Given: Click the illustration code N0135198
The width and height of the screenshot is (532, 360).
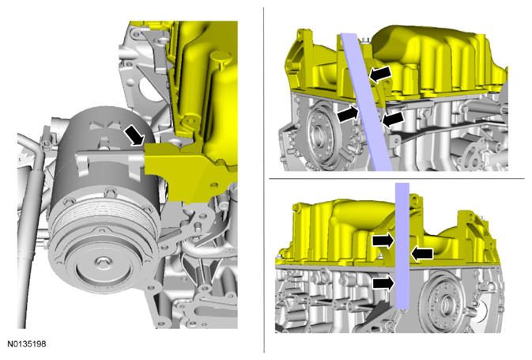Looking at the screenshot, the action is (x=26, y=343).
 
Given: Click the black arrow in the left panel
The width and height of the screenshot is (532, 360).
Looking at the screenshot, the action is (x=134, y=135).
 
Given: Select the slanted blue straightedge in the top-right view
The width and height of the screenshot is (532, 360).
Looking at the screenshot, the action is (x=367, y=102).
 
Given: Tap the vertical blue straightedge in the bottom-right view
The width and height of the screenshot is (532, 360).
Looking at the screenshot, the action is (x=402, y=246).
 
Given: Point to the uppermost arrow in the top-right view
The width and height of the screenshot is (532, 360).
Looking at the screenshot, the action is (x=380, y=74).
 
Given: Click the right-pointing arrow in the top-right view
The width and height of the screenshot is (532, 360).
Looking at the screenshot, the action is (x=348, y=114).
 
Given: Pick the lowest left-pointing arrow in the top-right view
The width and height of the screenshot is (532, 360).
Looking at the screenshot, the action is (x=393, y=119).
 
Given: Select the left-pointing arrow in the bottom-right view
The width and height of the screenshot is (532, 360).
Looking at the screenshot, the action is (x=422, y=254).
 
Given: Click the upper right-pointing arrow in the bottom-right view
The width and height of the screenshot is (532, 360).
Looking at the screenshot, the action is (x=383, y=241).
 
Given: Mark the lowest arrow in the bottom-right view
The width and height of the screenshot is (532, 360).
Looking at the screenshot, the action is (x=383, y=282).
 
